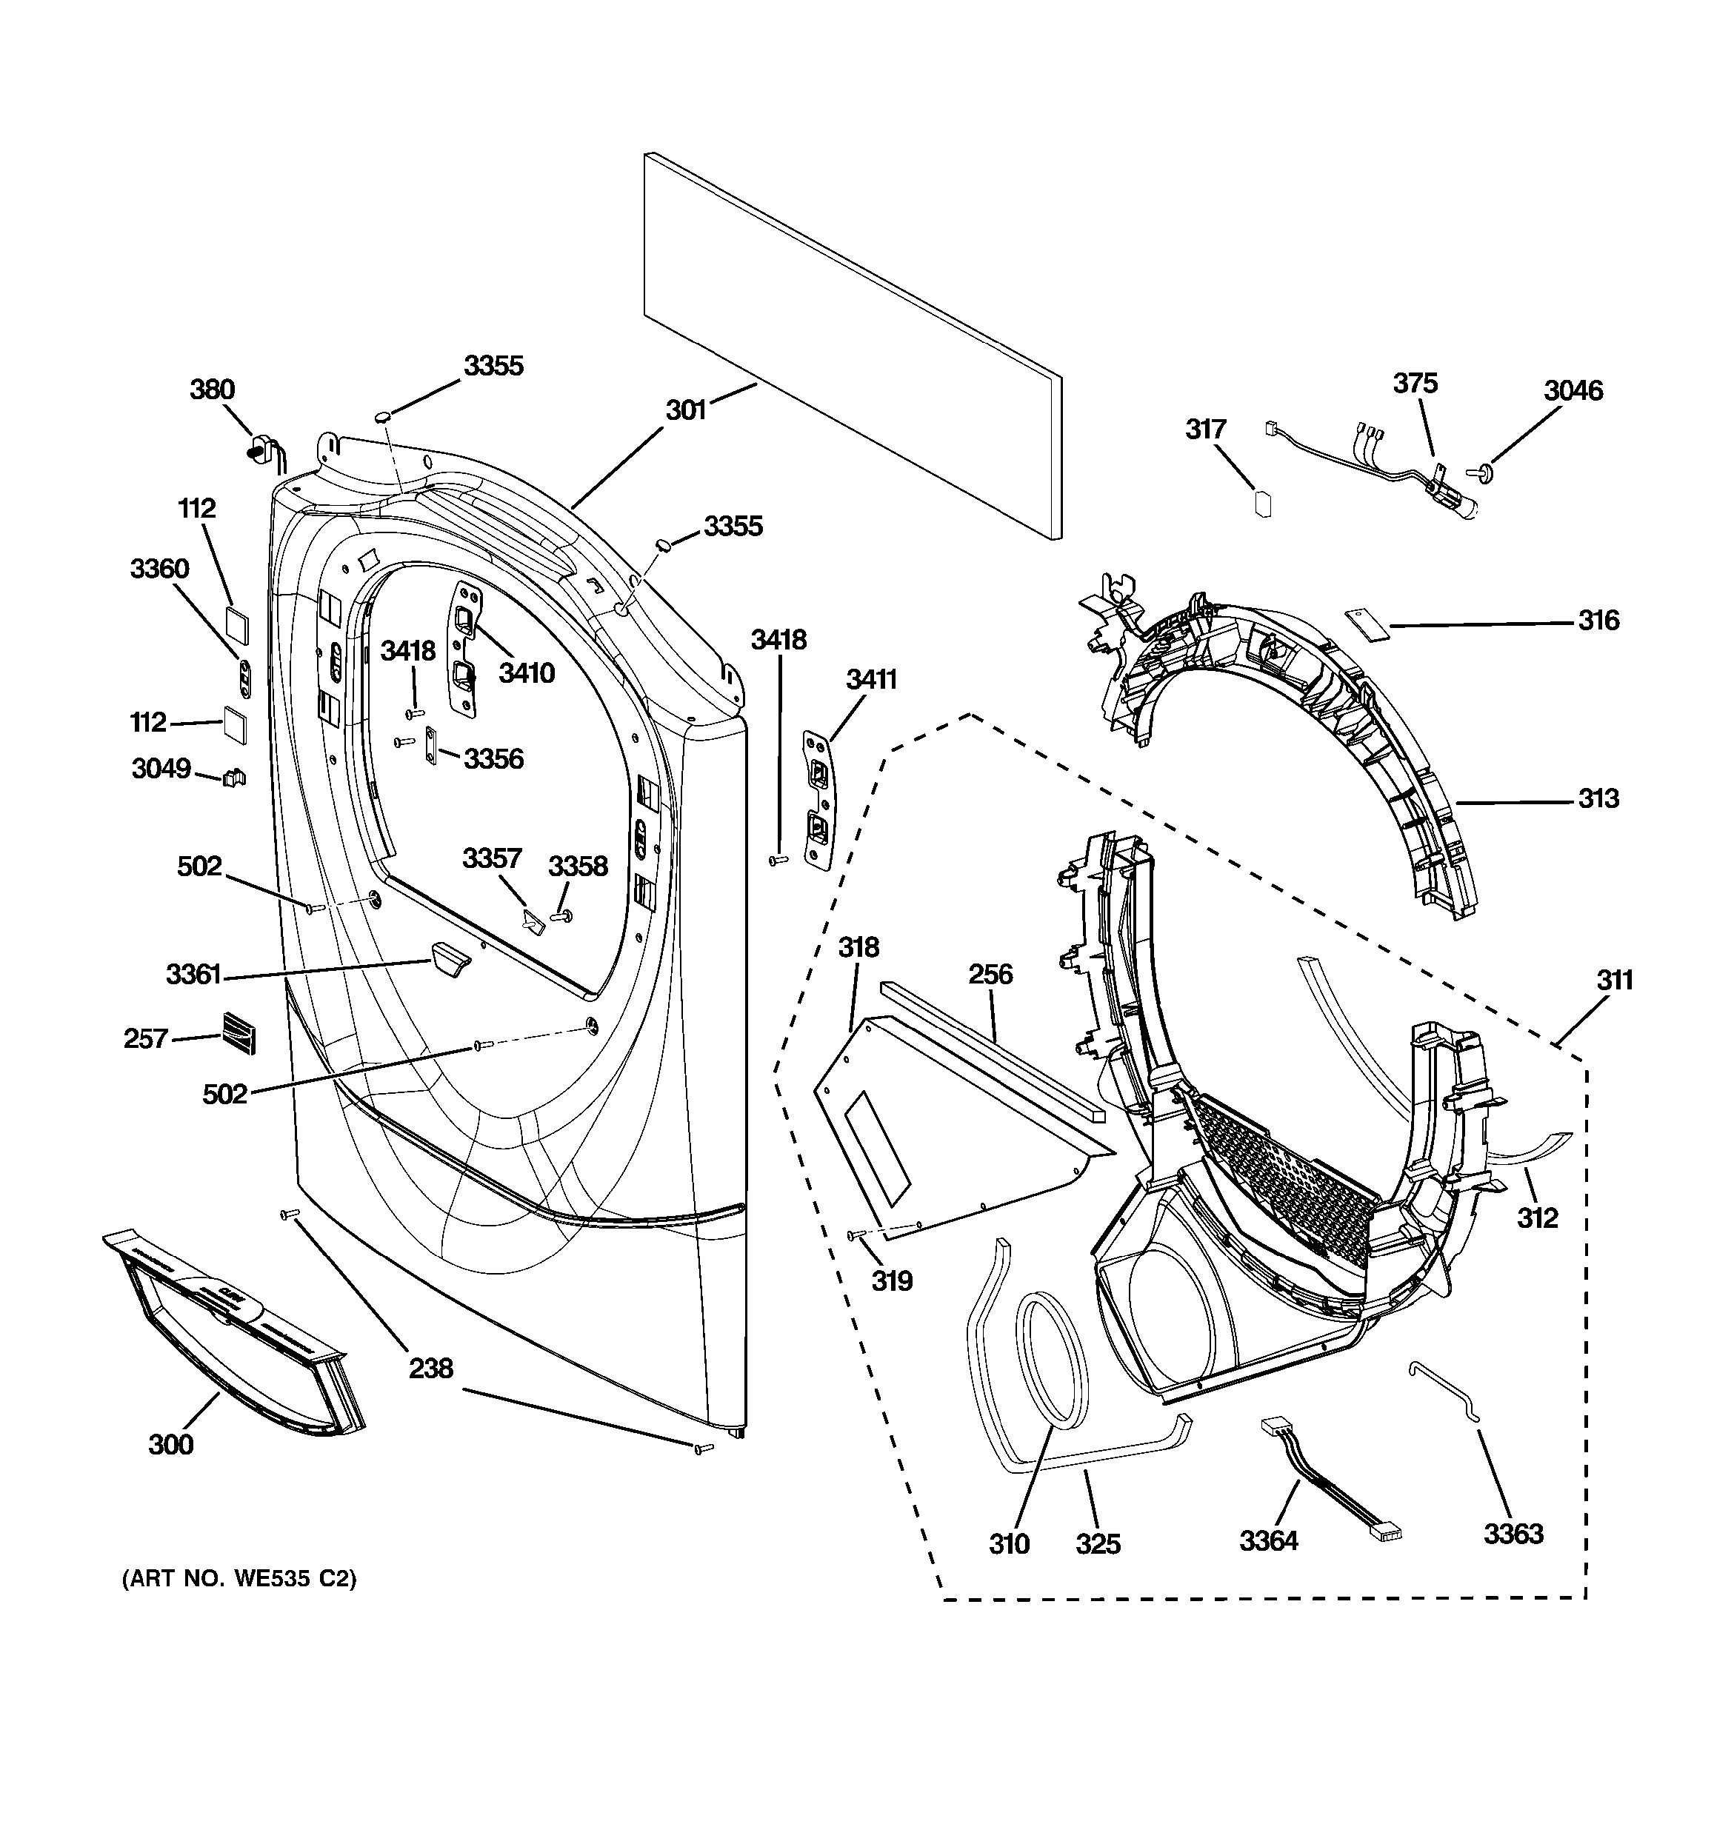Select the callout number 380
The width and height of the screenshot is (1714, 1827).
213,390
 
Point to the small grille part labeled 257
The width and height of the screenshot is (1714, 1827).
238,1033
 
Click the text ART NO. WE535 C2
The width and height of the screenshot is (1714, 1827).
239,1579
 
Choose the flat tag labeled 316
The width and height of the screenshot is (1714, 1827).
1367,624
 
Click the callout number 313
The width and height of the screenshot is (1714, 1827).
1598,798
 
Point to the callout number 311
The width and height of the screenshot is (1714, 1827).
1614,981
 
